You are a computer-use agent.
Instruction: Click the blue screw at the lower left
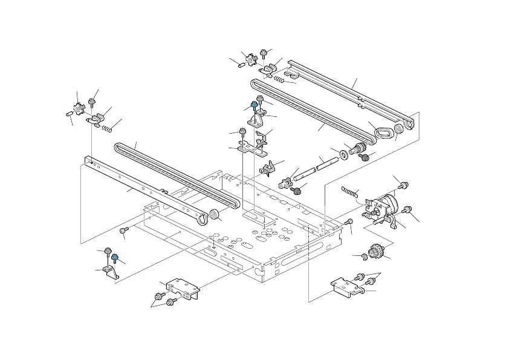pyautogui.click(x=114, y=258)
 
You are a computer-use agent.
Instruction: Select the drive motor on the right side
pyautogui.click(x=384, y=206)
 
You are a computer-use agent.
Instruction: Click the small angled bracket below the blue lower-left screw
pyautogui.click(x=111, y=272)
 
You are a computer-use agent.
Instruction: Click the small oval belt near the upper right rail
pyautogui.click(x=383, y=133)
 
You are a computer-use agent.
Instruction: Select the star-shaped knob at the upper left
pyautogui.click(x=78, y=109)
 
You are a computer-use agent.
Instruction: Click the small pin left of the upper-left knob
pyautogui.click(x=67, y=114)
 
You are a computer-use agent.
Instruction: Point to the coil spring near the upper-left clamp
pyautogui.click(x=107, y=128)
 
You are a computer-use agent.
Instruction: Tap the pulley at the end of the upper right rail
pyautogui.click(x=399, y=130)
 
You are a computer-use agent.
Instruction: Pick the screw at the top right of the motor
pyautogui.click(x=404, y=184)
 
